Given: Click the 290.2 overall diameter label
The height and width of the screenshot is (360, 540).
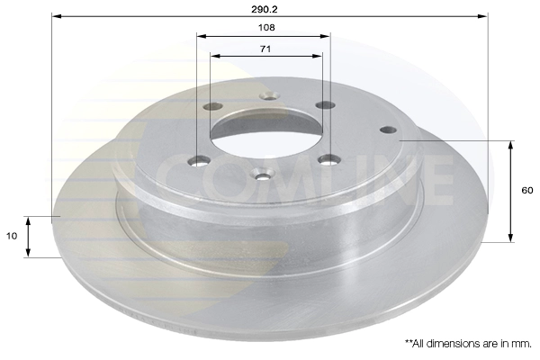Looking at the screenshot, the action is tap(264, 10).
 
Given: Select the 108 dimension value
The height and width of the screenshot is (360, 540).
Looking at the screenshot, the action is tap(266, 28).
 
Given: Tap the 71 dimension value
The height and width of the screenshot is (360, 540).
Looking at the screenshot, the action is tap(265, 49).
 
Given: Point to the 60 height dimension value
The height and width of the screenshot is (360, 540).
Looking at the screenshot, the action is tap(526, 191).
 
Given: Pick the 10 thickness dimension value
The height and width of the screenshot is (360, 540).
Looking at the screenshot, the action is tap(12, 236).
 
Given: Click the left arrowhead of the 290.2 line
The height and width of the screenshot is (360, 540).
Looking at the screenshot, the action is tap(57, 16).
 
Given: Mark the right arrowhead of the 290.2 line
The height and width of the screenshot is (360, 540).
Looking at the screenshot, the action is tap(482, 16).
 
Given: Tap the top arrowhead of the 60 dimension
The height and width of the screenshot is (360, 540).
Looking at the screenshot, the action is tap(510, 146).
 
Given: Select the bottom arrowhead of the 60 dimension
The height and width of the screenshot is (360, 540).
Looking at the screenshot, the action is tap(510, 238).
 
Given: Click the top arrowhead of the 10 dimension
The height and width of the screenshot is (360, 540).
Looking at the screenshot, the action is tap(28, 221).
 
